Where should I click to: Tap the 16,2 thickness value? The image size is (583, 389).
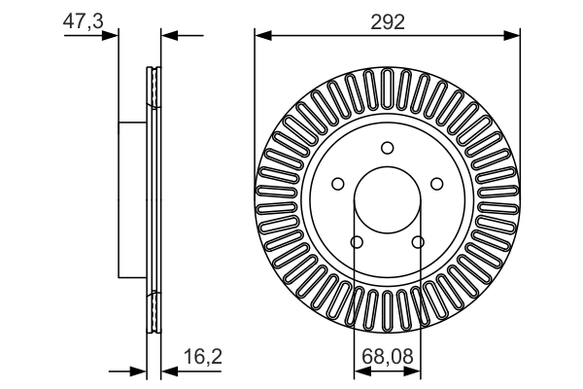click(202, 357)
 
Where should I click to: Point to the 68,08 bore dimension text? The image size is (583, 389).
click(387, 357)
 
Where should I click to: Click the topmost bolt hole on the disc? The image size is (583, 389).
click(387, 148)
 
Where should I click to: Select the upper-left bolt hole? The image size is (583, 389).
click(337, 184)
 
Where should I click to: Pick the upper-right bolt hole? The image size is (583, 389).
click(436, 184)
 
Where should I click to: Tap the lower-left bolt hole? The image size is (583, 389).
click(356, 242)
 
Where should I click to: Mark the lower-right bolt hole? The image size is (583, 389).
click(418, 242)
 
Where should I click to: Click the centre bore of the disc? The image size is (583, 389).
click(387, 200)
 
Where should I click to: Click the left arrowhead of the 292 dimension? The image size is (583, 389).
click(260, 36)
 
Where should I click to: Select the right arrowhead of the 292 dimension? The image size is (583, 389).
click(513, 36)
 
